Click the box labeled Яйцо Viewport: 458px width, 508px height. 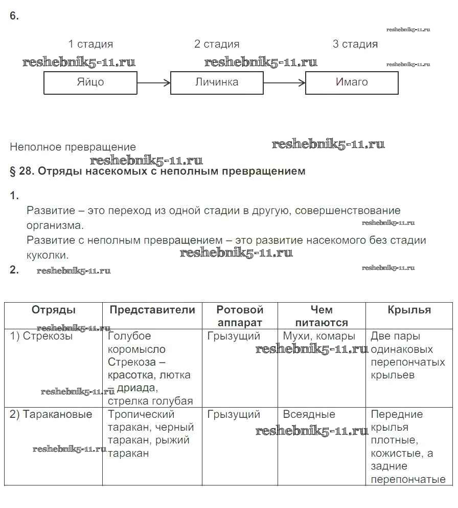click(90, 82)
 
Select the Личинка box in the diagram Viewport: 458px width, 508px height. click(217, 82)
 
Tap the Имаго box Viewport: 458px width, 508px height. click(352, 82)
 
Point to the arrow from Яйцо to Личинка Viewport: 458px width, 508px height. click(153, 82)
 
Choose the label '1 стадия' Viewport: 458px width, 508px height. click(90, 44)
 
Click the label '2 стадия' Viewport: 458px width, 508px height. click(217, 44)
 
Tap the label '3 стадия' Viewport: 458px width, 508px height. click(355, 44)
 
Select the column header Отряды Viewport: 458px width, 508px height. click(54, 310)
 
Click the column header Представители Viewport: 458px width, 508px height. click(152, 310)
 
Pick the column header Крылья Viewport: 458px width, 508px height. click(409, 310)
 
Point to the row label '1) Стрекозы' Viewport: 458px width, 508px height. click(41, 336)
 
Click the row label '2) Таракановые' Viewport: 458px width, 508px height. click(51, 414)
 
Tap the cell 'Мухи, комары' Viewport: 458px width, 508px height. click(319, 336)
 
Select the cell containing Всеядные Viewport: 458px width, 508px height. click(309, 414)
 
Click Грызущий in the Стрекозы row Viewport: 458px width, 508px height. click(234, 336)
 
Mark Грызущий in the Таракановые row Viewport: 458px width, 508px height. click(234, 414)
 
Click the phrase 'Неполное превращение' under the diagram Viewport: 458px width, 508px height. click(73, 147)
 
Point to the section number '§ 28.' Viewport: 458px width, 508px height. click(21, 171)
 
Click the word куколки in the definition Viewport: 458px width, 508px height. click(48, 255)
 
